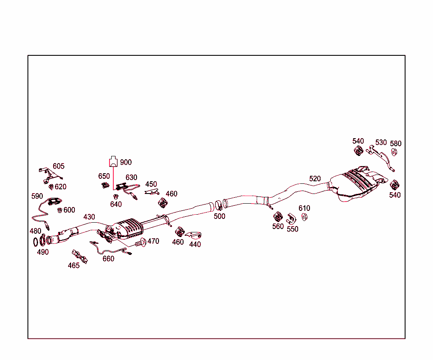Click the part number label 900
point(126,162)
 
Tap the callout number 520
point(315,179)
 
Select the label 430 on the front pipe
point(89,217)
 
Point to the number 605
point(58,166)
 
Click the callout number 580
point(395,144)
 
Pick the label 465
point(74,265)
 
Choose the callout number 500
point(219,216)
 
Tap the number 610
point(304,208)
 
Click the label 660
point(108,259)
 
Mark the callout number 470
point(153,241)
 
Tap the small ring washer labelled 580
point(394,152)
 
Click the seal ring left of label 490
point(36,242)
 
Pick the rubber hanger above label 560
point(278,217)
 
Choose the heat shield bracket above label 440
point(194,235)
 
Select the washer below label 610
point(304,217)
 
